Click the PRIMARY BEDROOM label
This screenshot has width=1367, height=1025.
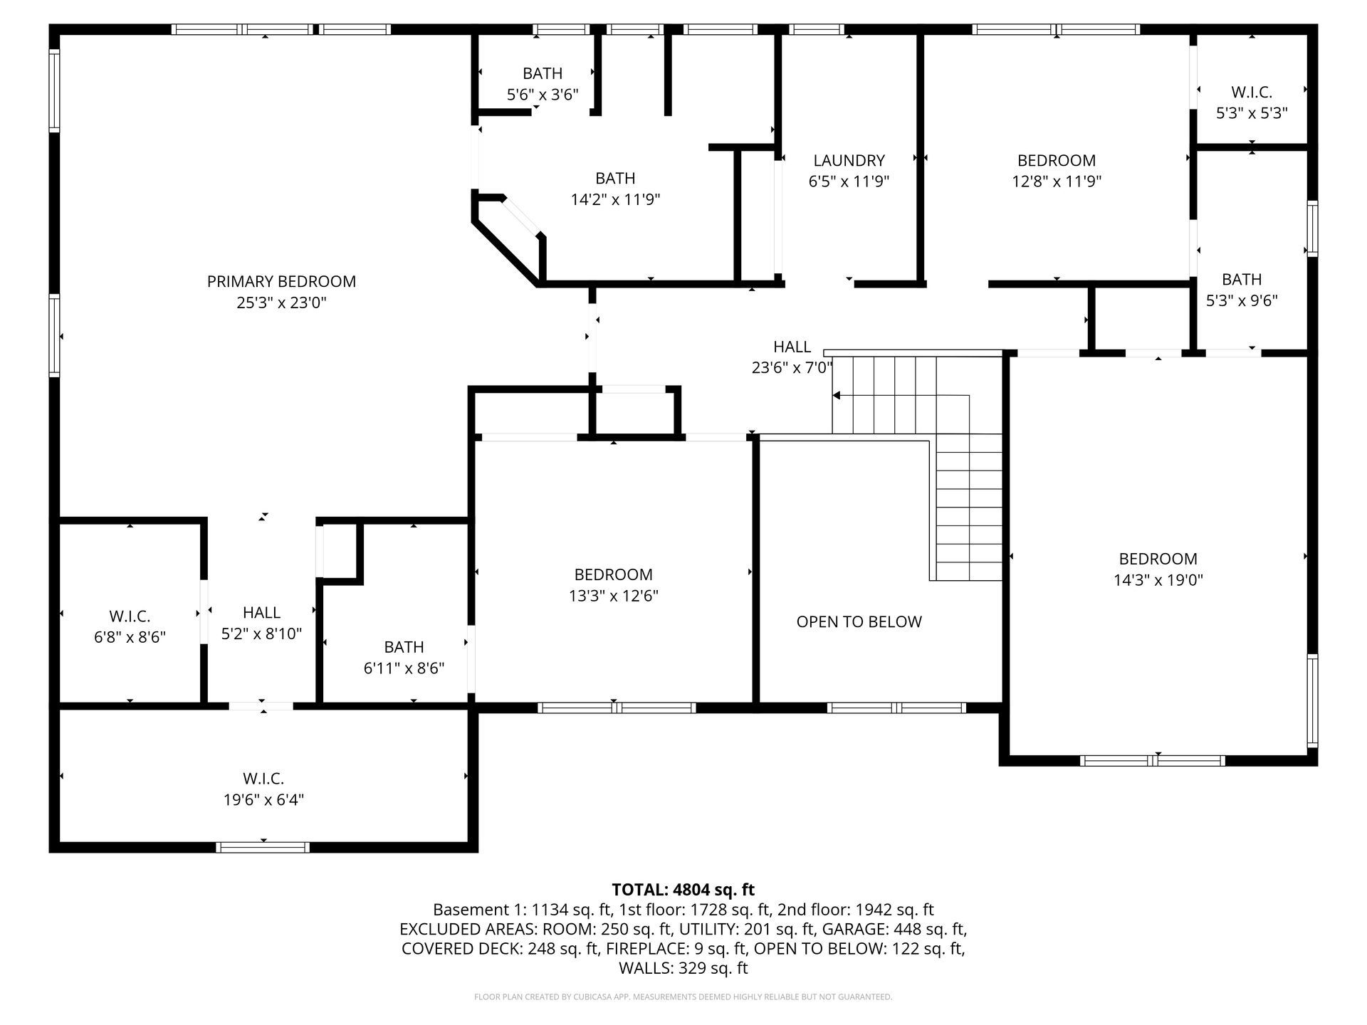point(281,281)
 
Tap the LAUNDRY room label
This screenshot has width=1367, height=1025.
point(849,160)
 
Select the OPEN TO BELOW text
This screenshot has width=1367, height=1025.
point(859,621)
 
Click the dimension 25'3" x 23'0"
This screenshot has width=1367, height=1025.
point(281,303)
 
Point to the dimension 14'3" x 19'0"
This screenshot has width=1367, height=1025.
point(1158,580)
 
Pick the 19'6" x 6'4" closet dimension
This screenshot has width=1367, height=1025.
point(263,799)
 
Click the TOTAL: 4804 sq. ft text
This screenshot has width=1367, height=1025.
point(683,889)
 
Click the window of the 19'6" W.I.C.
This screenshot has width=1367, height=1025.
point(263,847)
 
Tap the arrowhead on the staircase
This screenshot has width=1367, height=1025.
point(837,396)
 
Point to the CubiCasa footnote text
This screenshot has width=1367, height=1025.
point(683,997)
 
